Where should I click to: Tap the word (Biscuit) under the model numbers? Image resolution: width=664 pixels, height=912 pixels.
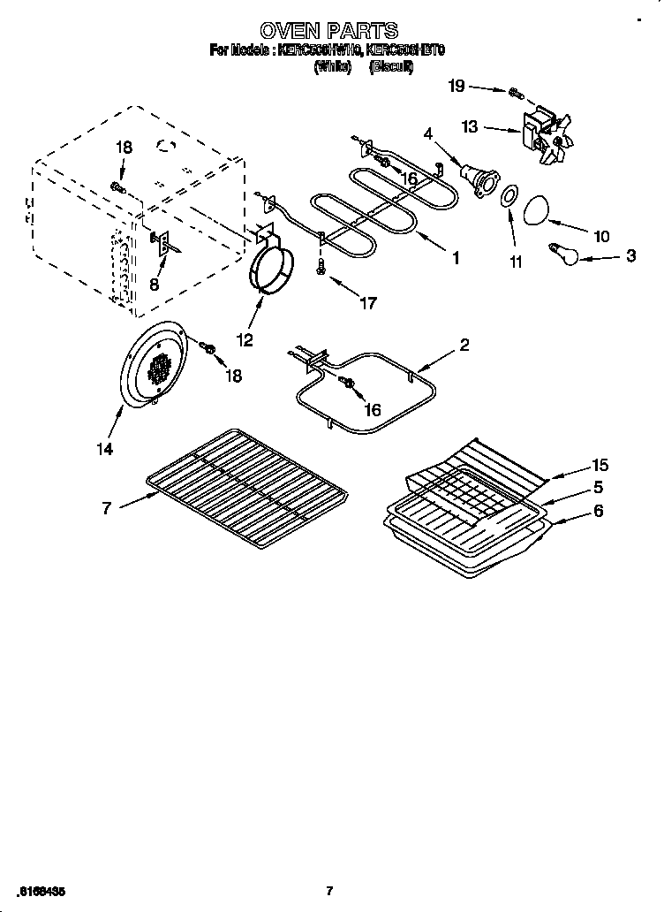(391, 67)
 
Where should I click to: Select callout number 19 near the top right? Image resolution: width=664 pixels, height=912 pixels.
(456, 86)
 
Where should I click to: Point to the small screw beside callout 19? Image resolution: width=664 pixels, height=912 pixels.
(514, 91)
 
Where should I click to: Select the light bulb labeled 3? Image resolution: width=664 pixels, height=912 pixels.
(562, 253)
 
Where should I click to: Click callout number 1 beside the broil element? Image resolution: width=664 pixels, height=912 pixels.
(456, 259)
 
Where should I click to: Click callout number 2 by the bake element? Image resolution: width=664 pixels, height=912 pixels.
(464, 345)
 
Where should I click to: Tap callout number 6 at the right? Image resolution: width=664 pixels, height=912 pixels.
(599, 511)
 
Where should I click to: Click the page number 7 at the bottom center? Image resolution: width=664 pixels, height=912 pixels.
(328, 890)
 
